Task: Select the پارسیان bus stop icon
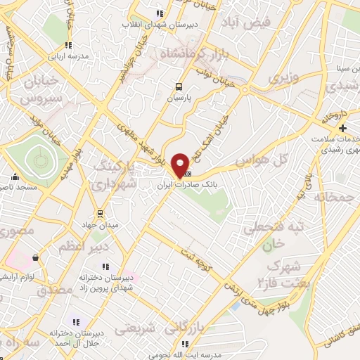pos(179,87)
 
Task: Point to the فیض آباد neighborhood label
pos(247,22)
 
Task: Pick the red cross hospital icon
pos(342,128)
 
